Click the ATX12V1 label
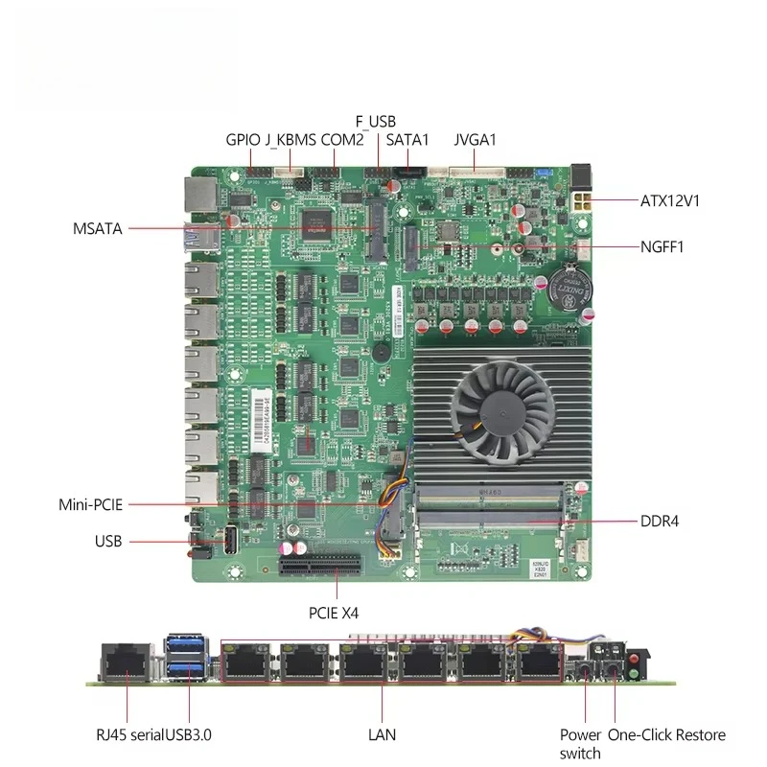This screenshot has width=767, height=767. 669,200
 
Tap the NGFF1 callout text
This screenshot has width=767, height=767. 662,246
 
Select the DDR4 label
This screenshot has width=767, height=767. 660,521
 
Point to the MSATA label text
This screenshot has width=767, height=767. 98,228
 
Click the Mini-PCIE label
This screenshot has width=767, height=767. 90,504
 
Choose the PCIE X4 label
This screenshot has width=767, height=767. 334,613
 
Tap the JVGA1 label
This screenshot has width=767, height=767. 475,140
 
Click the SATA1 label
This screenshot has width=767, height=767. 407,140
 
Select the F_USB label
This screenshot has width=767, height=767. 375,122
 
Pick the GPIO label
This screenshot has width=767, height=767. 243,140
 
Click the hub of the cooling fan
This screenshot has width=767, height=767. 503,414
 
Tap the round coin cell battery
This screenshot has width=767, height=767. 569,291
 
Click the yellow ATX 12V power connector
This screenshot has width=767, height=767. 581,201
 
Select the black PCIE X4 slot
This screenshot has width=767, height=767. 320,566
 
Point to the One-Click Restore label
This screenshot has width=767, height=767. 666,734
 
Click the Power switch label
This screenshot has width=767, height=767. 580,744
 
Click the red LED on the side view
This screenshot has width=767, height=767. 634,659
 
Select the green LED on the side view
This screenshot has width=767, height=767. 634,674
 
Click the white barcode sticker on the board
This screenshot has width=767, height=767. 261,420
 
